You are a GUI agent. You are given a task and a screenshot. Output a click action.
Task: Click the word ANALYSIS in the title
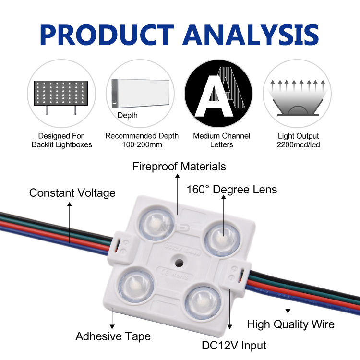click(x=251, y=34)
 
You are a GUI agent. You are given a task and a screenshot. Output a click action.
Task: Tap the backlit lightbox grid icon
click(x=60, y=95)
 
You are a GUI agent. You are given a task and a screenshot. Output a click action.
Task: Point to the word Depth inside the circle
click(x=128, y=115)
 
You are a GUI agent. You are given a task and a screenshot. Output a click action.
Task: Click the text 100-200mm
click(x=142, y=144)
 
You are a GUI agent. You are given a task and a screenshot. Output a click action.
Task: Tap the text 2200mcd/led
click(x=299, y=144)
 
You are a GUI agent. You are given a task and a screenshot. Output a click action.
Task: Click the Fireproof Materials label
click(x=180, y=167)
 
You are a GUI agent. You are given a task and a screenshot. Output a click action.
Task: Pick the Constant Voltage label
click(x=72, y=193)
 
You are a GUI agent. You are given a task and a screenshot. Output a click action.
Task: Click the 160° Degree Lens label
click(x=232, y=190)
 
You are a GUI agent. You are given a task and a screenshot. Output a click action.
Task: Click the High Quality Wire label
click(x=290, y=324)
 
